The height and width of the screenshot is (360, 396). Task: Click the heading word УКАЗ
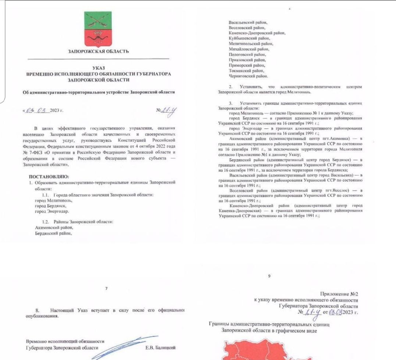click(98, 68)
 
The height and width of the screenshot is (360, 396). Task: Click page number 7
click(106, 289)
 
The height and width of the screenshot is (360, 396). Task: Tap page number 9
click(270, 276)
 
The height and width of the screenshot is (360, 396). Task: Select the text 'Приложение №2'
click(339, 294)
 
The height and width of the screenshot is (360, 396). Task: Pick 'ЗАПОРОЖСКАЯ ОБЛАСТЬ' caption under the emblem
click(99, 51)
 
